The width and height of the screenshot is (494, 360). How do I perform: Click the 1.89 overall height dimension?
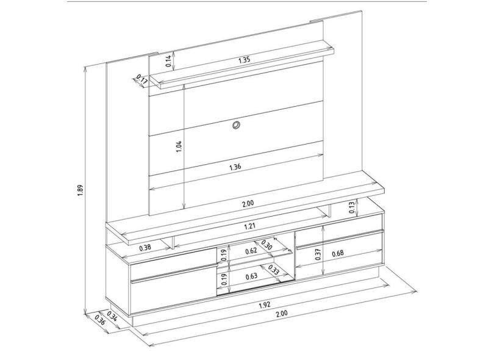tap(80, 190)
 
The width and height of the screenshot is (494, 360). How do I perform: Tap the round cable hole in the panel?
tap(235, 125)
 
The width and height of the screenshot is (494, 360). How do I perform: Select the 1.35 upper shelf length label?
tap(244, 60)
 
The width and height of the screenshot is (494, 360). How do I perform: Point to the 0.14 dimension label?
tap(169, 61)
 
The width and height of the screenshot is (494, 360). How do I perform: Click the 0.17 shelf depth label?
tap(142, 81)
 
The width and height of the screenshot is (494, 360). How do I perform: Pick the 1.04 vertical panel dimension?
tap(179, 146)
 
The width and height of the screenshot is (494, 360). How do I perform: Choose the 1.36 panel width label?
tap(235, 167)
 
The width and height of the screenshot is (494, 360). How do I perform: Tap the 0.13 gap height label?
tap(352, 207)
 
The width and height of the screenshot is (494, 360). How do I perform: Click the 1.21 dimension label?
tap(249, 226)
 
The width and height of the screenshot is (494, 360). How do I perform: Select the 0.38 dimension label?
tap(146, 248)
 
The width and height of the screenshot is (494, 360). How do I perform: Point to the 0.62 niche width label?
tap(251, 251)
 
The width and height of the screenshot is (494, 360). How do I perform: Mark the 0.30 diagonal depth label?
tap(267, 245)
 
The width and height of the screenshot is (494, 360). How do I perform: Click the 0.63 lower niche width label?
tap(251, 276)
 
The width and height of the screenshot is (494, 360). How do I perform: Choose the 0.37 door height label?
tap(318, 254)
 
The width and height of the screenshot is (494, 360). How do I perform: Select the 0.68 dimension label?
tap(337, 253)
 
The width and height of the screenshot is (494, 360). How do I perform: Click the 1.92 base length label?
tap(264, 305)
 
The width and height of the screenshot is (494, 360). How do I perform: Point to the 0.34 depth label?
tap(112, 316)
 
